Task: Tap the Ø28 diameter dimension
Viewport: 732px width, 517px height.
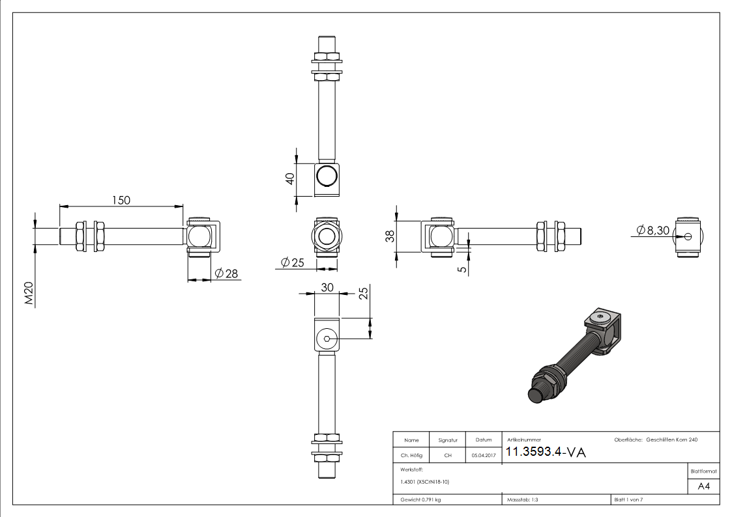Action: click(226, 273)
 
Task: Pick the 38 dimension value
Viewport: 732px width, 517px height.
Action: click(389, 236)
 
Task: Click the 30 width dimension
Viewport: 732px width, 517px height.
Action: click(327, 287)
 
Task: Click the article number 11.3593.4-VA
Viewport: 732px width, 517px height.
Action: click(546, 453)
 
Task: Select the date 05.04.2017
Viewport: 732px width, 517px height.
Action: click(483, 456)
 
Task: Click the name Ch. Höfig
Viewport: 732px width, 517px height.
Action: click(411, 456)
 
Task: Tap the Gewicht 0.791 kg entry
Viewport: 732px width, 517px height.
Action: click(420, 499)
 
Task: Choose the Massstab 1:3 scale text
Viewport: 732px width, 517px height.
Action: click(523, 499)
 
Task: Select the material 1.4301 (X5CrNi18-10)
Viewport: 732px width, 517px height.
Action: click(425, 482)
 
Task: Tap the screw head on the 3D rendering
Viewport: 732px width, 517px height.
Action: click(600, 318)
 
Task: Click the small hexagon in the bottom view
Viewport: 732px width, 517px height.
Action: click(327, 339)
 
